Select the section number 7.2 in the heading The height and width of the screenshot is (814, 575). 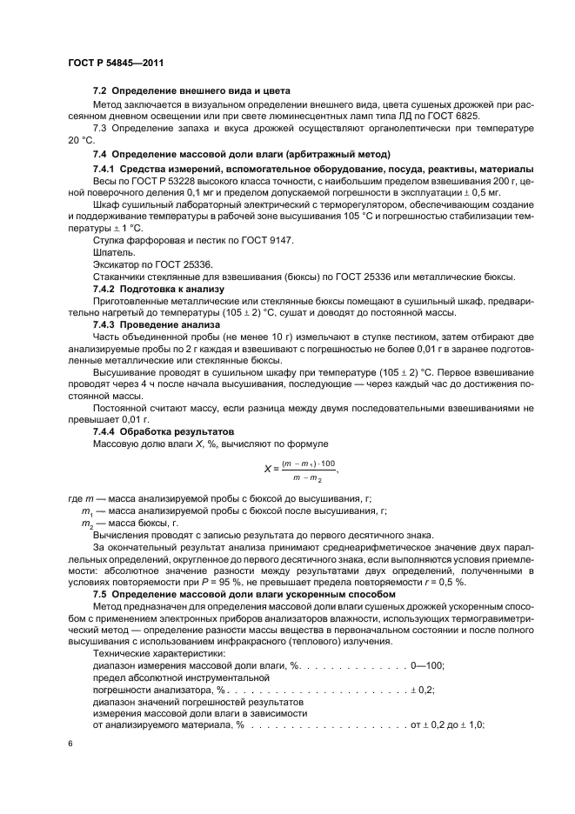pyautogui.click(x=99, y=91)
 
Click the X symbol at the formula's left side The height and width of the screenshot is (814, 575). pyautogui.click(x=268, y=467)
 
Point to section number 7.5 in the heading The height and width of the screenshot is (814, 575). pyautogui.click(x=99, y=594)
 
